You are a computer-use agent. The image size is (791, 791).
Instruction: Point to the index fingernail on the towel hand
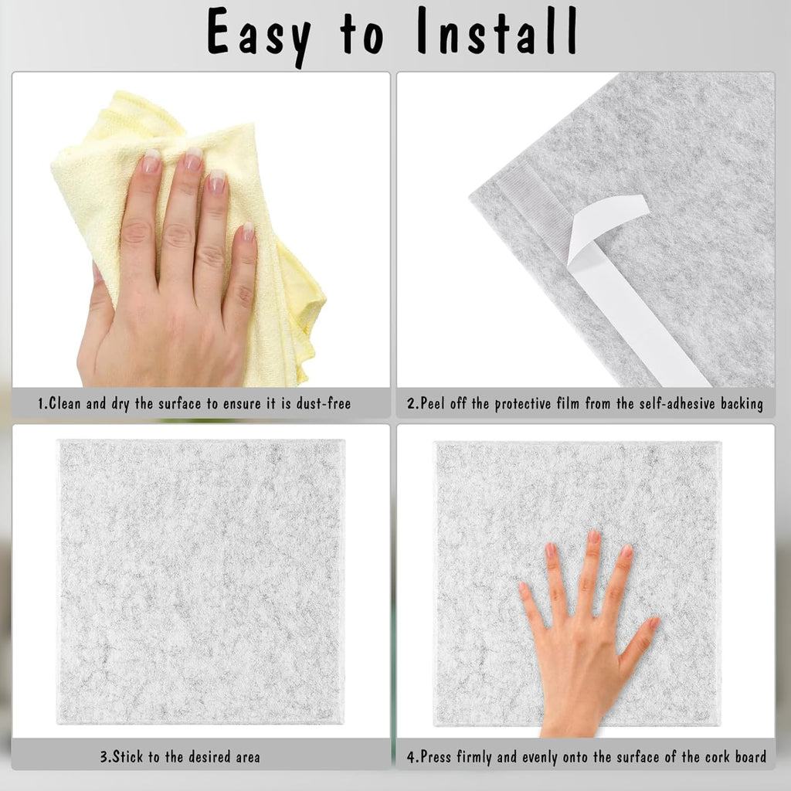tap(151, 162)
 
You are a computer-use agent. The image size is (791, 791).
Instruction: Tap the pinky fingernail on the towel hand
tap(247, 231)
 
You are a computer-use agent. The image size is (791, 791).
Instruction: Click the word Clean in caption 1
tap(66, 403)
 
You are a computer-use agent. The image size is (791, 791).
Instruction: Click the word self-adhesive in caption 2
tap(681, 403)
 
